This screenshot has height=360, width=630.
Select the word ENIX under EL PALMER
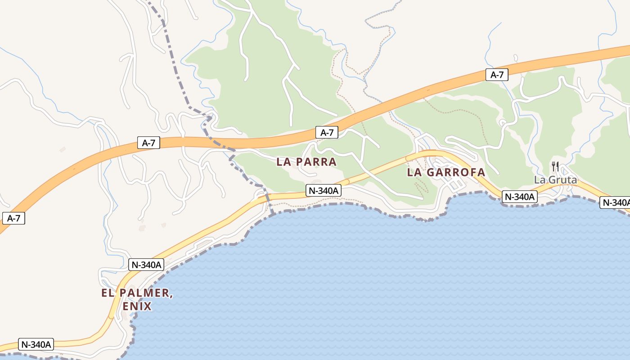[137, 307]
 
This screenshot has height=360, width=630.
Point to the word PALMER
[145, 293]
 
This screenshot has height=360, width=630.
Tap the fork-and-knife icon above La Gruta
[555, 166]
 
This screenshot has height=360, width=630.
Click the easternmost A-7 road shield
[497, 75]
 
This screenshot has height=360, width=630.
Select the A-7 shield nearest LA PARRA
[327, 132]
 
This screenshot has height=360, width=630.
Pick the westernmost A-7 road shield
[13, 219]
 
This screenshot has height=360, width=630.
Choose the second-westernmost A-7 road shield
[148, 143]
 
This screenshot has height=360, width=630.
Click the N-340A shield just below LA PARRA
[323, 191]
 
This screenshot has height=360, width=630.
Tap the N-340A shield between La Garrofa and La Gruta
[520, 197]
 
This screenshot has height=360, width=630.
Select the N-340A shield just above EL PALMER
[146, 265]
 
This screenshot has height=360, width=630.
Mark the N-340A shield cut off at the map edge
[616, 203]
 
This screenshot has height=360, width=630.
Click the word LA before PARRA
[283, 162]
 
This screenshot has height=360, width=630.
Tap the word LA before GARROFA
[414, 172]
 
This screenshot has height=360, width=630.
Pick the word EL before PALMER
[107, 293]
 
